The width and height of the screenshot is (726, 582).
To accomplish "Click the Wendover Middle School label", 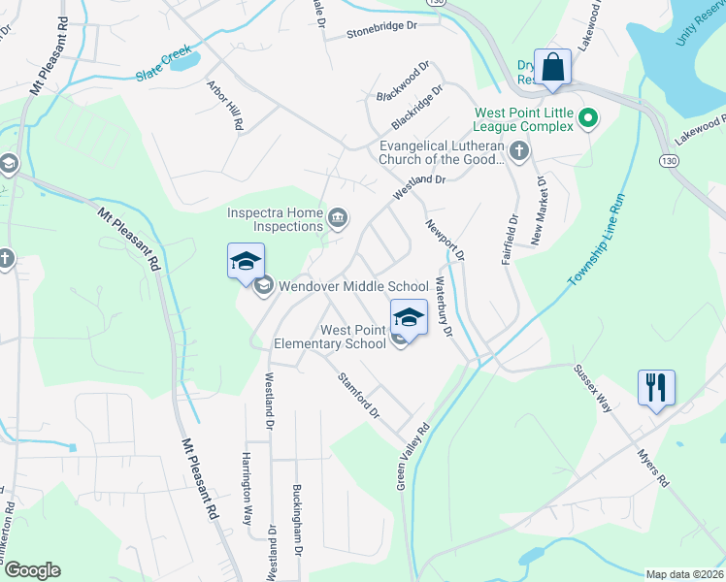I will click(353, 286).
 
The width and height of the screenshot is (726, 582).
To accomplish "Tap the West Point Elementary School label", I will click(330, 337).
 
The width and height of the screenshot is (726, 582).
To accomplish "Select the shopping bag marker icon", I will click(552, 68).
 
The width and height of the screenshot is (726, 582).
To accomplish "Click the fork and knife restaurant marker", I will click(656, 388).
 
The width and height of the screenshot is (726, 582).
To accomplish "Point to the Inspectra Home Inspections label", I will click(275, 219).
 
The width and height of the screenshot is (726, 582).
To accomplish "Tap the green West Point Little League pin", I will click(587, 119).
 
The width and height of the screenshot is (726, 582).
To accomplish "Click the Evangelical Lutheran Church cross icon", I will click(519, 150).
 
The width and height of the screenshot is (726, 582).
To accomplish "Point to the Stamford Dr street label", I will click(358, 396).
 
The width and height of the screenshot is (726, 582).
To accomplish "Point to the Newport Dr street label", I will click(445, 239).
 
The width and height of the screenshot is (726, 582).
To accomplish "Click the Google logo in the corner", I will click(32, 569).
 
